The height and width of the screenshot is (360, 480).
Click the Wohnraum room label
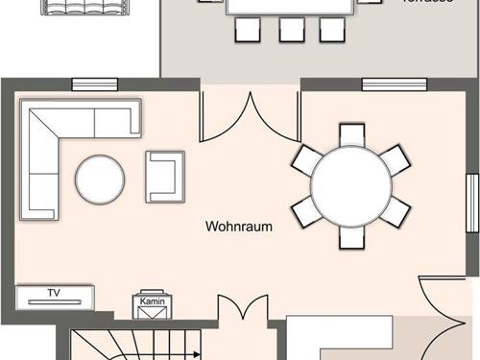(239, 228)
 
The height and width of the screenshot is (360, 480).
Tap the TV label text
(54, 292)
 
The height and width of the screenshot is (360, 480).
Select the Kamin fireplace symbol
(153, 304)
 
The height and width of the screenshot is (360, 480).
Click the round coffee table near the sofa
(100, 180)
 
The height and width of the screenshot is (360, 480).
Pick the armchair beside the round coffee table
(164, 176)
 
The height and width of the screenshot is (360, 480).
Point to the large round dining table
(351, 182)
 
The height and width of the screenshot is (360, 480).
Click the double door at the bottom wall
(242, 317)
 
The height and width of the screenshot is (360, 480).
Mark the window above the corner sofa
(94, 84)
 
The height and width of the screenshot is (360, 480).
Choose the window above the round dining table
(388, 84)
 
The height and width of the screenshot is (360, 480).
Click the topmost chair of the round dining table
(351, 134)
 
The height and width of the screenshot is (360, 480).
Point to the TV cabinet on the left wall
(55, 297)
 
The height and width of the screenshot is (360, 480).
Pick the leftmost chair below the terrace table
(247, 30)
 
